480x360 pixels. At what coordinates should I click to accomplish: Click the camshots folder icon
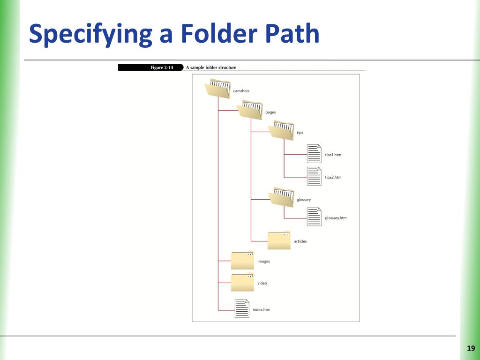coord(217,90)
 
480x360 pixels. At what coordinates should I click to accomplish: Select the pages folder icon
coord(250,110)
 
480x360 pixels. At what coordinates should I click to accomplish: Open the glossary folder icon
coord(281,197)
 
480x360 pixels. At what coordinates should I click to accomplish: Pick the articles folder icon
coord(279,240)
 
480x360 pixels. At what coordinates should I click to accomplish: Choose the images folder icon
coord(242,261)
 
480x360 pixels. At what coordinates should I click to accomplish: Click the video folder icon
coord(242,282)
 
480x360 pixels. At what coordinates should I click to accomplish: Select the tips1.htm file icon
coord(314,153)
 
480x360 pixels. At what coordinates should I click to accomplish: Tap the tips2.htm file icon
coord(314,176)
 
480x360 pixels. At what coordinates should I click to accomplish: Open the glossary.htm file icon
coord(314,217)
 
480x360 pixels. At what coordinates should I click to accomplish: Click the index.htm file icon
coord(242,308)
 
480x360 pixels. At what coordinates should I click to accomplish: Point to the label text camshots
coord(241,91)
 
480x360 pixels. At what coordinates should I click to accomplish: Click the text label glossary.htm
coord(336,218)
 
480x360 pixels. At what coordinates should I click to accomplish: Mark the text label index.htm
coord(261,310)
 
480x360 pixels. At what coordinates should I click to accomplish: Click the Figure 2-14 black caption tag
coord(150,67)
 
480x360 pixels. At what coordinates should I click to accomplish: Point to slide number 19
coord(471,348)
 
